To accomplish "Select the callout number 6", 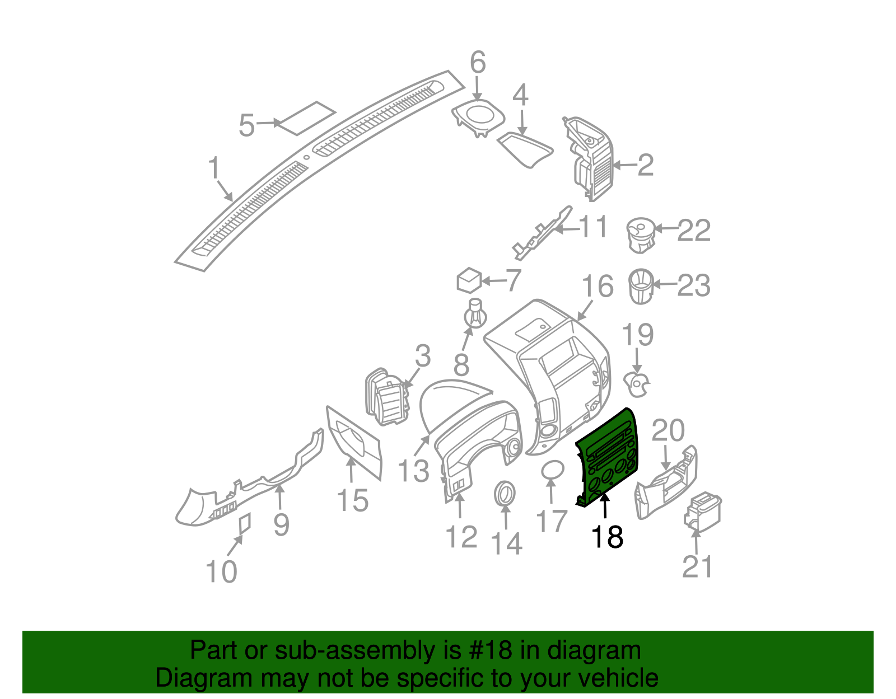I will [478, 62].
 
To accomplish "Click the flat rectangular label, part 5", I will [307, 118].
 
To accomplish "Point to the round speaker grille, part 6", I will [479, 116].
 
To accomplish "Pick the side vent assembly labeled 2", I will [591, 158].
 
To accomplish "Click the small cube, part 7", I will [469, 280].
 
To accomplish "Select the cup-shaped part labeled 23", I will [641, 286].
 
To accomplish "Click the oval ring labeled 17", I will [553, 470].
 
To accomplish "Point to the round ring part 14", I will [505, 494].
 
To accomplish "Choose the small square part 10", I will [245, 523].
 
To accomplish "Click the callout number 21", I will [697, 566].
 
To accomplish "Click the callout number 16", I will [598, 287].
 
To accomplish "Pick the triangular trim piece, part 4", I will [524, 148].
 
